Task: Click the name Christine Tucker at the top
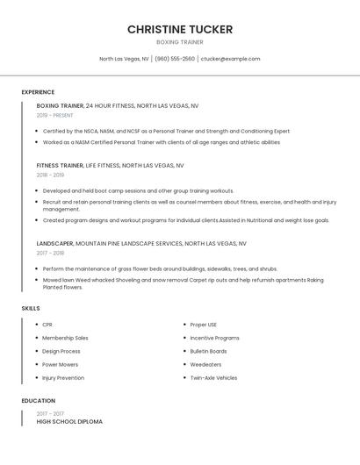pyautogui.click(x=180, y=29)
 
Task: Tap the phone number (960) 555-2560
pyautogui.click(x=175, y=59)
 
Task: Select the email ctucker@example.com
pyautogui.click(x=230, y=59)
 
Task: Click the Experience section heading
pyautogui.click(x=38, y=92)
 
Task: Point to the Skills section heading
pyautogui.click(x=31, y=308)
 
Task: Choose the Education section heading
pyautogui.click(x=38, y=401)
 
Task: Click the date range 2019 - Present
pyautogui.click(x=54, y=115)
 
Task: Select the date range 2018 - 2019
pyautogui.click(x=50, y=175)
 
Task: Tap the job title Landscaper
pyautogui.click(x=54, y=243)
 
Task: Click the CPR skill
pyautogui.click(x=47, y=325)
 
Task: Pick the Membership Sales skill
pyautogui.click(x=65, y=338)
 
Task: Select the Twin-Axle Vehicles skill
pyautogui.click(x=213, y=377)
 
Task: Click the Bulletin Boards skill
pyautogui.click(x=208, y=351)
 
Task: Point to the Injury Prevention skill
pyautogui.click(x=63, y=377)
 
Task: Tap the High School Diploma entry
pyautogui.click(x=69, y=422)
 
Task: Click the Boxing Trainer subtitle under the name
pyautogui.click(x=180, y=42)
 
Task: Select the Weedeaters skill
pyautogui.click(x=205, y=364)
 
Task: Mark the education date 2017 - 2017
pyautogui.click(x=50, y=413)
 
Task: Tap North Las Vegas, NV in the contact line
pyautogui.click(x=124, y=59)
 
